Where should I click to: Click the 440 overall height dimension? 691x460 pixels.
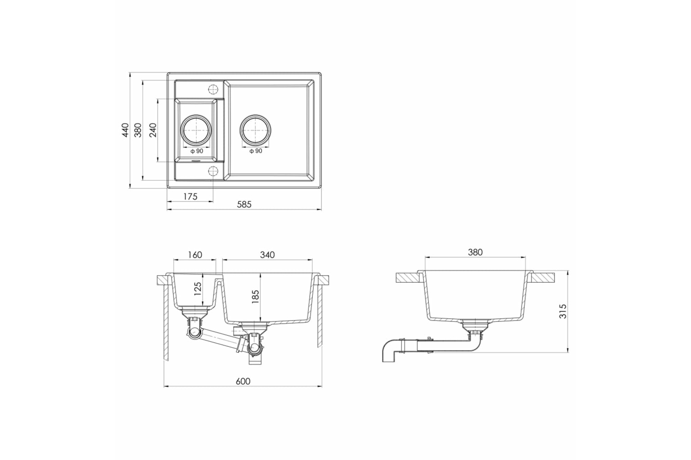(x=125, y=130)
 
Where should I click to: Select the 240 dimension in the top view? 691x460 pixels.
(x=152, y=130)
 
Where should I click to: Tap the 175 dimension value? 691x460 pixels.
(x=190, y=196)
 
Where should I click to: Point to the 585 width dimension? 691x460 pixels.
(x=244, y=205)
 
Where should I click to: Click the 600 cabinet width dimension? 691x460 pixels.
(x=243, y=381)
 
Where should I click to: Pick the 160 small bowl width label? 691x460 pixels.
(x=195, y=255)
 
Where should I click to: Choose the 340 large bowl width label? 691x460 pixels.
(x=267, y=255)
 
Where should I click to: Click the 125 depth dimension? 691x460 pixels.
(x=198, y=289)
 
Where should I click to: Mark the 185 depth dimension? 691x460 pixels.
(x=255, y=297)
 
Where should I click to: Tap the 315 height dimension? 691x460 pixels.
(x=563, y=311)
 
